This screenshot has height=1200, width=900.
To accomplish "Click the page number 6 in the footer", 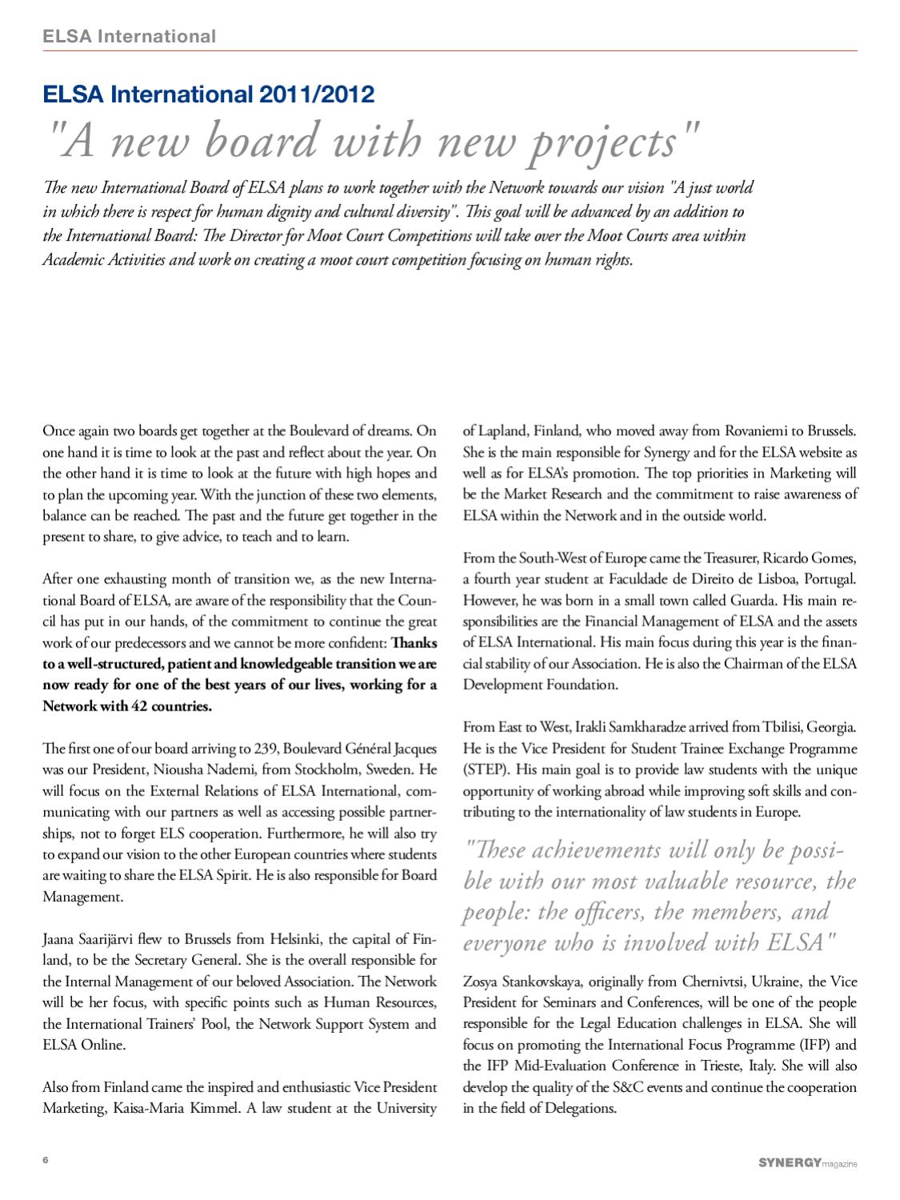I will [46, 1160].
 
